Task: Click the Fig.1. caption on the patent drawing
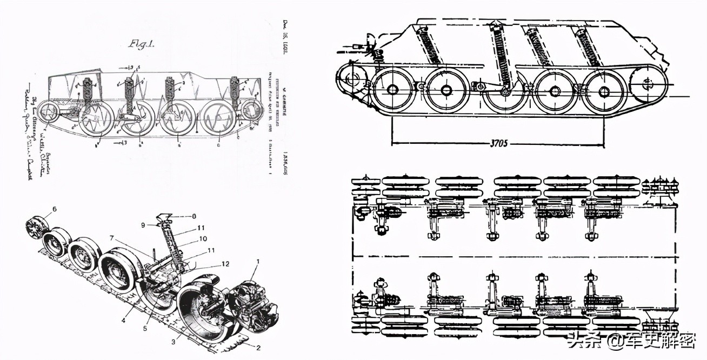[x=142, y=45]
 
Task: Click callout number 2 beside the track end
[x=258, y=348]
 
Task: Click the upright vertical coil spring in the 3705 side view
[x=501, y=57]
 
